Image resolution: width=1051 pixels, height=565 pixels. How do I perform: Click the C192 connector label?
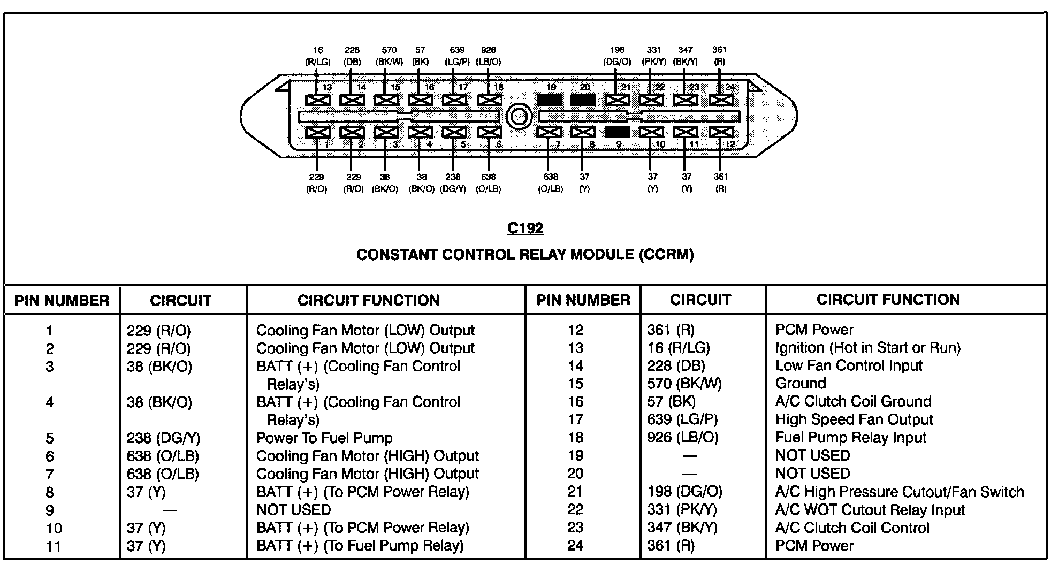click(x=525, y=228)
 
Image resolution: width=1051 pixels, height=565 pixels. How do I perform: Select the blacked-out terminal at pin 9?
click(x=617, y=132)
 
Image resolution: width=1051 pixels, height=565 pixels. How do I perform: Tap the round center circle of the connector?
click(x=519, y=116)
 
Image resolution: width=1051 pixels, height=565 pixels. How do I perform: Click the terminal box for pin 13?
click(x=318, y=100)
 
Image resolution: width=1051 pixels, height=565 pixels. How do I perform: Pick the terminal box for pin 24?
click(x=720, y=100)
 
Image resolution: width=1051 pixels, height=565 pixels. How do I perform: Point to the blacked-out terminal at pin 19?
click(x=549, y=100)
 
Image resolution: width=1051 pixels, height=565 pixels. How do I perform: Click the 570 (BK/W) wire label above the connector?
click(x=389, y=56)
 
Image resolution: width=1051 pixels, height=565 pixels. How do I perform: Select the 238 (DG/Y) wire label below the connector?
click(x=453, y=183)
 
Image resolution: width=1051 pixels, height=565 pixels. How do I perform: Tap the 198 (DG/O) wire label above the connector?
click(x=617, y=56)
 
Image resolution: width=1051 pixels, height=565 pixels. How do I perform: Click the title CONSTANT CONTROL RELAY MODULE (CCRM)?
click(x=525, y=255)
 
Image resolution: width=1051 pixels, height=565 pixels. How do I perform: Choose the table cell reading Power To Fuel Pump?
click(x=324, y=438)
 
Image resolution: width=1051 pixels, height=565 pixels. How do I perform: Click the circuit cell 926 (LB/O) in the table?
click(x=682, y=438)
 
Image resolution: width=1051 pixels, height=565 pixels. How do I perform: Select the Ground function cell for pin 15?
click(x=801, y=384)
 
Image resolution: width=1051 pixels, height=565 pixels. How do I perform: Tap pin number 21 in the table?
click(x=575, y=492)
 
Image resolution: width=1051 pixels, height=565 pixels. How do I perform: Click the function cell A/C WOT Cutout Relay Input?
click(x=870, y=510)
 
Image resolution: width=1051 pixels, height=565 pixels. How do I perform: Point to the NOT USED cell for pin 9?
click(x=293, y=510)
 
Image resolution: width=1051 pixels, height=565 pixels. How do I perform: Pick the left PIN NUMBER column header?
click(x=62, y=301)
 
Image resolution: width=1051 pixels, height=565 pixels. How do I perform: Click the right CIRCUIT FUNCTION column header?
click(x=888, y=300)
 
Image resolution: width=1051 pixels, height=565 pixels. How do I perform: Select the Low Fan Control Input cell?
click(x=849, y=366)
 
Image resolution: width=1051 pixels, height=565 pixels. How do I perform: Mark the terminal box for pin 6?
click(x=489, y=132)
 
